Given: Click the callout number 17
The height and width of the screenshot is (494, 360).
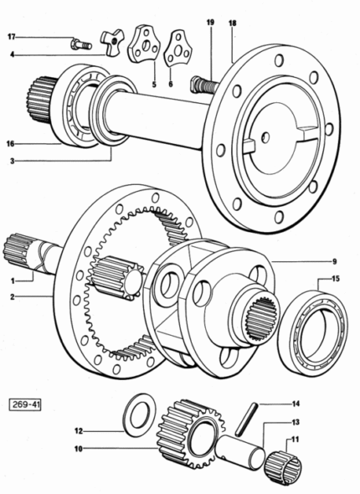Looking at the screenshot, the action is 12,37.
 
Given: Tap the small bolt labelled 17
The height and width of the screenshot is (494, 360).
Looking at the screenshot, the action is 81,44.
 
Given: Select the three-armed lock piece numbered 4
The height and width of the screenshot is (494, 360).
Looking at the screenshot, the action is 112,42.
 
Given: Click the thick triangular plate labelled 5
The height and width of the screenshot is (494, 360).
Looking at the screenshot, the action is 144,44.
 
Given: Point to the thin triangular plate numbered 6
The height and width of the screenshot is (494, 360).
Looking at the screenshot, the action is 177,49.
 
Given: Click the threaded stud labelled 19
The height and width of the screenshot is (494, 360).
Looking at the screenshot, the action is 204,85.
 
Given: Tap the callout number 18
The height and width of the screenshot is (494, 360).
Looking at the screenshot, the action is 233,23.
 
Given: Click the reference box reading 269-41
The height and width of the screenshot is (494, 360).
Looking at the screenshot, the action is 25,404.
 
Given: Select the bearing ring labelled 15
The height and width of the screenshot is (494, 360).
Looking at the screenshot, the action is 313,332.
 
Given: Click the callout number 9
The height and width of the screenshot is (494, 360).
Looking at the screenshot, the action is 335,261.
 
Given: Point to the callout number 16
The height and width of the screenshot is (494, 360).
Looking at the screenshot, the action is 10,144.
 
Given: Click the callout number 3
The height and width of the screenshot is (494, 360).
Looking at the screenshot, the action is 13,162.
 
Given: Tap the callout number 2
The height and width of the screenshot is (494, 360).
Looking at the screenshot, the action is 13,296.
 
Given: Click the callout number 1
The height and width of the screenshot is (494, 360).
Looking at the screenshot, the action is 13,280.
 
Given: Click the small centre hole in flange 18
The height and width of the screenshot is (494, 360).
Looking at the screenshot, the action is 265,137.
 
